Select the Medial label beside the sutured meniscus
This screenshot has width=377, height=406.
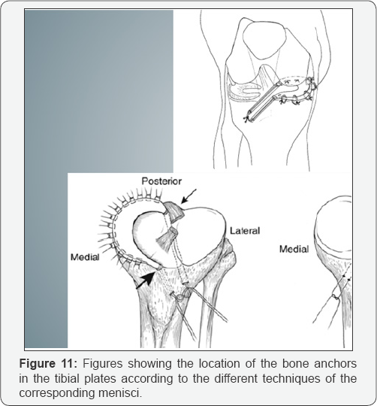point(85,254)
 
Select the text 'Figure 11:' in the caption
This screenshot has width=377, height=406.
point(54,365)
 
